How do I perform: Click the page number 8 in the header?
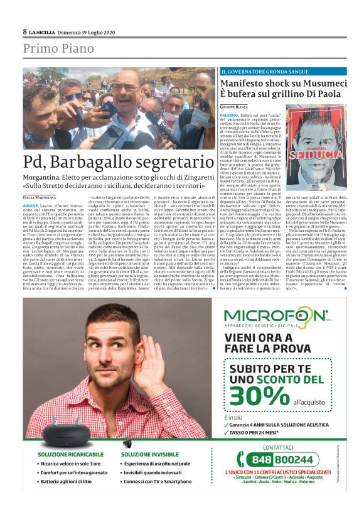click(25, 31)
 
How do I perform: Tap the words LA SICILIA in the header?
click(45, 32)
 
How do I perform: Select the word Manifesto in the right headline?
click(248, 83)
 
